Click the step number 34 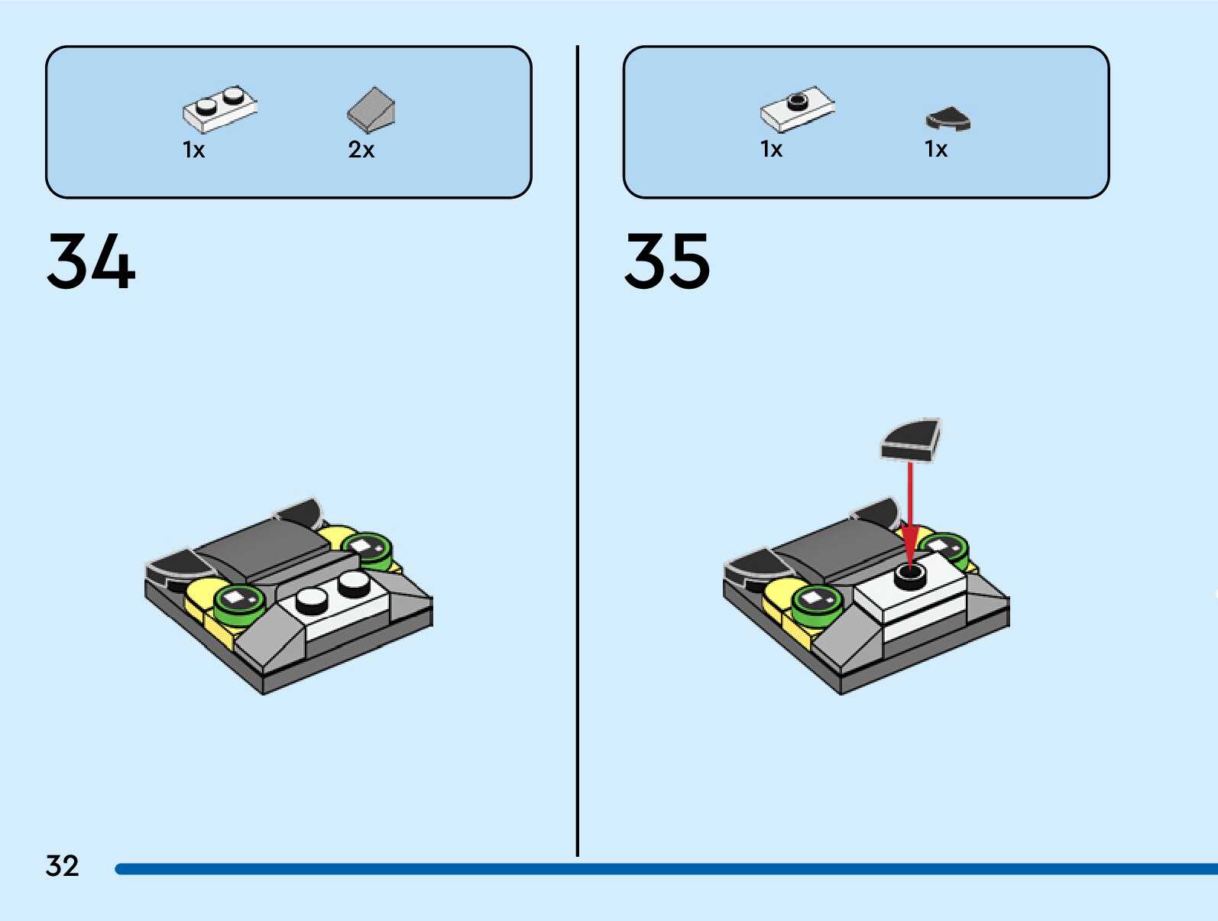click(91, 261)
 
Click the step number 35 click(667, 261)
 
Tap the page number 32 click(62, 866)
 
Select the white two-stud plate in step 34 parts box click(219, 109)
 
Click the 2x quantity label click(361, 150)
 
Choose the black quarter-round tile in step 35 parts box click(948, 119)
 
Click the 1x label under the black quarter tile click(936, 149)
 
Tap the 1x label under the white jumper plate click(772, 149)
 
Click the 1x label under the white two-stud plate click(194, 150)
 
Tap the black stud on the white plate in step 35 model click(909, 575)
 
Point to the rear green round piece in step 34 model click(368, 549)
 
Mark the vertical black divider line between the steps click(577, 451)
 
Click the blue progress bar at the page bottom click(665, 869)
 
